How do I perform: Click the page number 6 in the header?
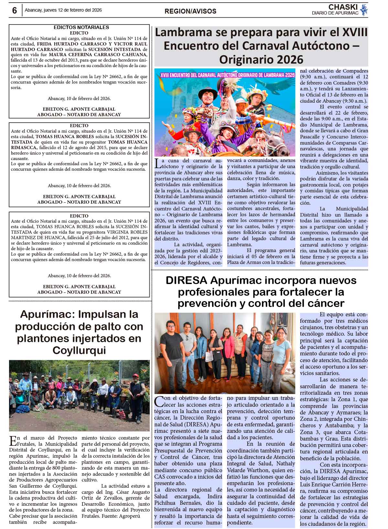tap(14, 11)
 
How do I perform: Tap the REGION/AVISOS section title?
tap(190, 11)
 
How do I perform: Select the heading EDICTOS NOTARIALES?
tap(81, 27)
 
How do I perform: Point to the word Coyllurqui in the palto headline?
tap(79, 350)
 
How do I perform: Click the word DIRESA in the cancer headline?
tap(186, 280)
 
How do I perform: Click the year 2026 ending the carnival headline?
tap(289, 59)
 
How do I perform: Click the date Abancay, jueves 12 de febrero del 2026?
tap(63, 10)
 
